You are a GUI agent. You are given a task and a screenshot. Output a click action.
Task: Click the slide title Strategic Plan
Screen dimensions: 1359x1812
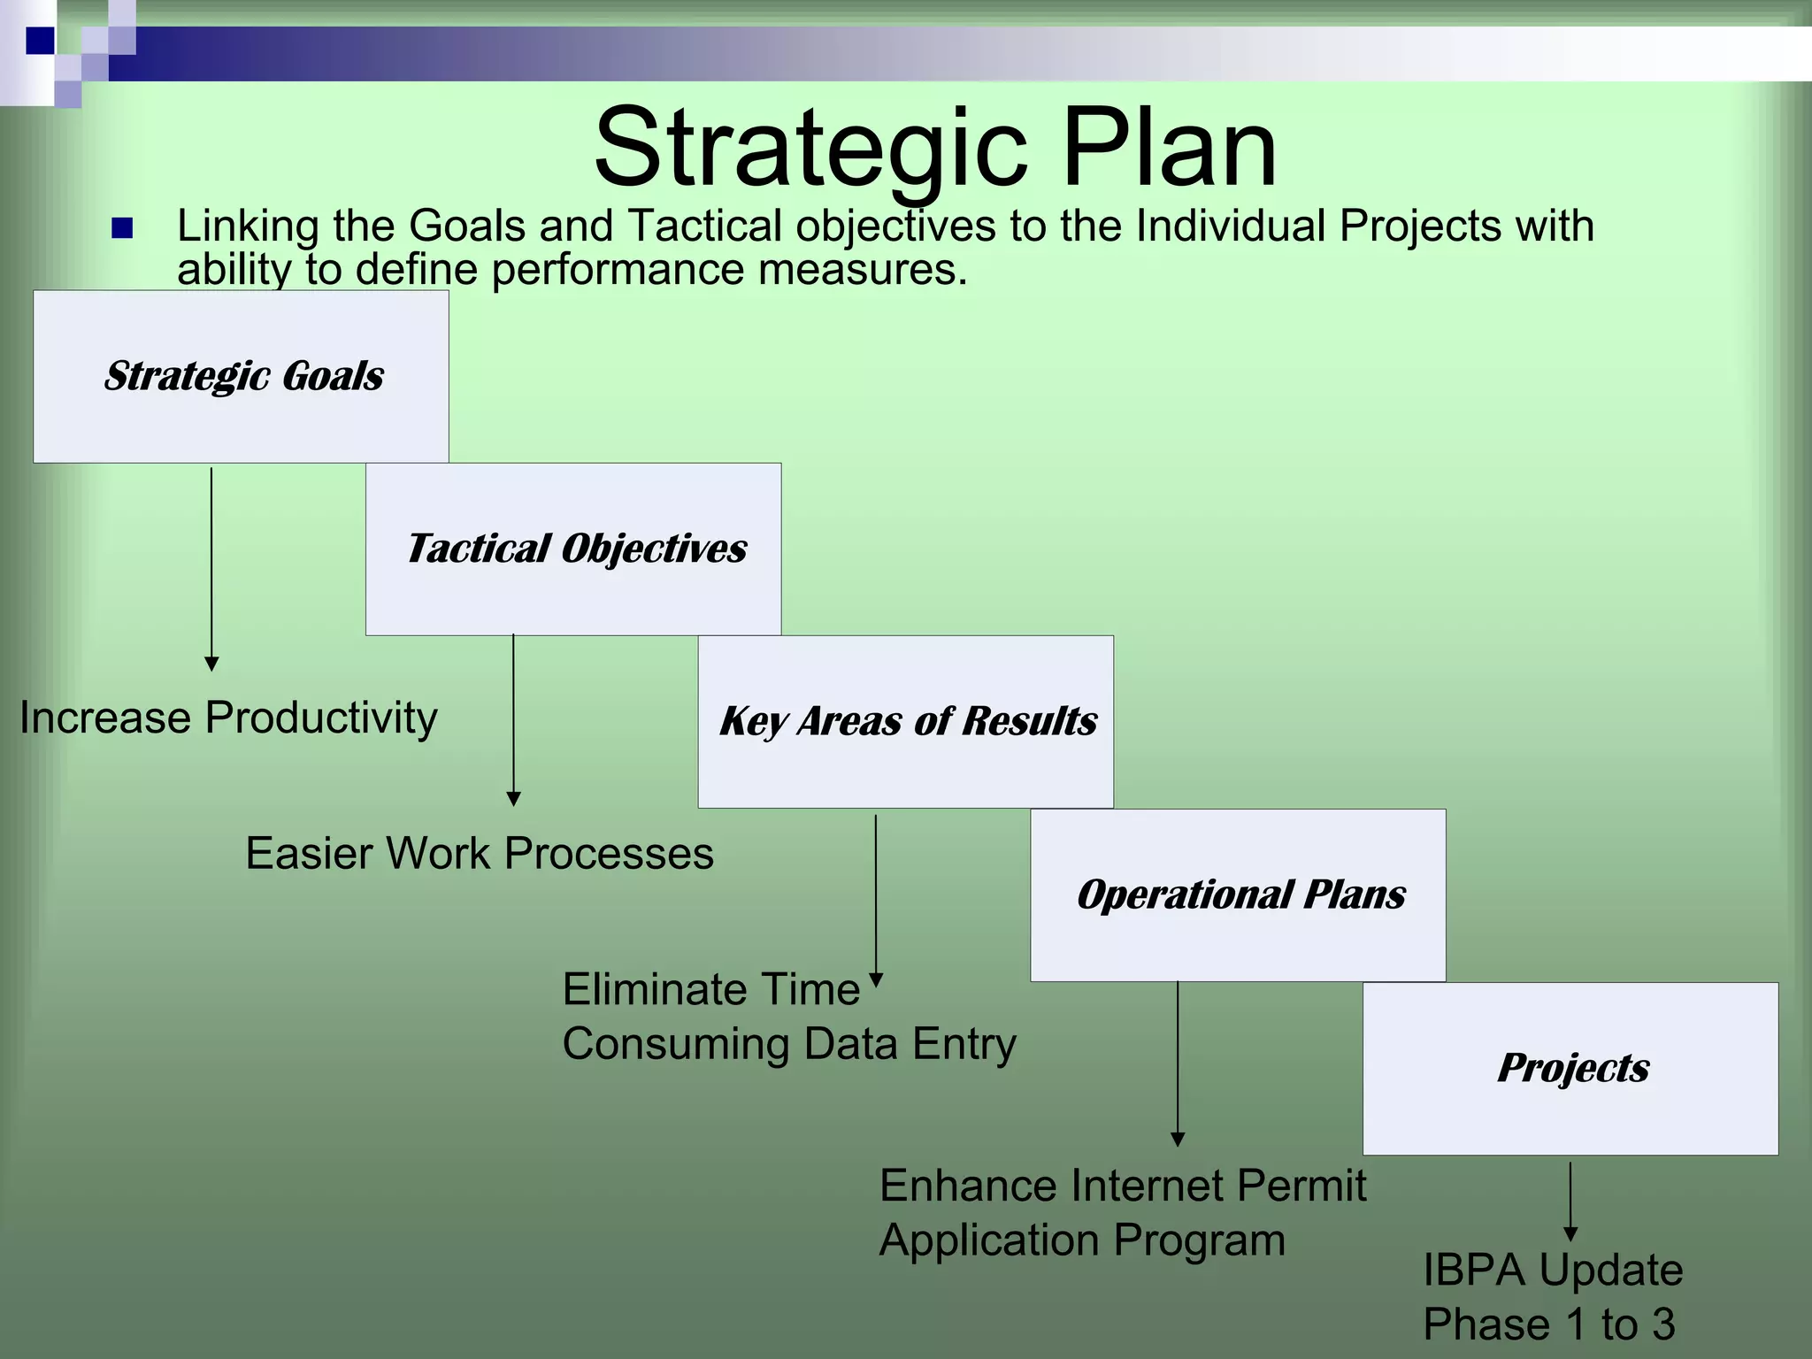pos(935,148)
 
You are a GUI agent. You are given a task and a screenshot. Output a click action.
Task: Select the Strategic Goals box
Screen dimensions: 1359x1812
pos(242,376)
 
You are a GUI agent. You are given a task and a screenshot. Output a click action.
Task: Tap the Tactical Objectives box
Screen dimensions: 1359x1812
pos(574,549)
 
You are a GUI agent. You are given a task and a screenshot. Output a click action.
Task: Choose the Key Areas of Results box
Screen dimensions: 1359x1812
pos(906,721)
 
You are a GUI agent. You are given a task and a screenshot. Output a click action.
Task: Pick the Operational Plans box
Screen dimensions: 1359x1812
pos(1238,894)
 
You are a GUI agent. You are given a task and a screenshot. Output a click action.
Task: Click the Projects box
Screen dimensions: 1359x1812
pos(1570,1068)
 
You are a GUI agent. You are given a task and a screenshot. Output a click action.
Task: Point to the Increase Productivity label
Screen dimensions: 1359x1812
pos(228,718)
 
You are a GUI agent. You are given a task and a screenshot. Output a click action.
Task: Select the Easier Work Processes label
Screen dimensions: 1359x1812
pos(480,854)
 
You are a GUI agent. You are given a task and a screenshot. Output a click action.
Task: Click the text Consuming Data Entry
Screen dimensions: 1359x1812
pos(789,1044)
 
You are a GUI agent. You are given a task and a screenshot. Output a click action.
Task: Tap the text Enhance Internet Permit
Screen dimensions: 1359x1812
pos(1123,1186)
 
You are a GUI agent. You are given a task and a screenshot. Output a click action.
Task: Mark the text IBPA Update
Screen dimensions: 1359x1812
pos(1553,1270)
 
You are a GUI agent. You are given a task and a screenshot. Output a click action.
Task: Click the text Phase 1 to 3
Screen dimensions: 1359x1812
pos(1548,1324)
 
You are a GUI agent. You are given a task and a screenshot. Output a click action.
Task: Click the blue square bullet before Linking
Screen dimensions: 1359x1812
pos(122,229)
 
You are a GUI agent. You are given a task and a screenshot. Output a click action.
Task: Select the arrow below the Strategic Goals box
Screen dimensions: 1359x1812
pos(211,566)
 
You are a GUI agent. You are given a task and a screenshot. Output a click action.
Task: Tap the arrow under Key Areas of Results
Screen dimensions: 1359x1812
pos(876,898)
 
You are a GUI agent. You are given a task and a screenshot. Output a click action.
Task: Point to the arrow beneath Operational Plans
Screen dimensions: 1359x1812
pos(1178,1062)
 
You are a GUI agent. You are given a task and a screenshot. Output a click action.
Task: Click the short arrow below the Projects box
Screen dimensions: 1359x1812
pos(1570,1201)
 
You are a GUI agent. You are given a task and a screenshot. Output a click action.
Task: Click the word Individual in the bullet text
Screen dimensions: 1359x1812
pos(1230,226)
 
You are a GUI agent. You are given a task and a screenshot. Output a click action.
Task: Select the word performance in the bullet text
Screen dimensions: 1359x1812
pos(618,269)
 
